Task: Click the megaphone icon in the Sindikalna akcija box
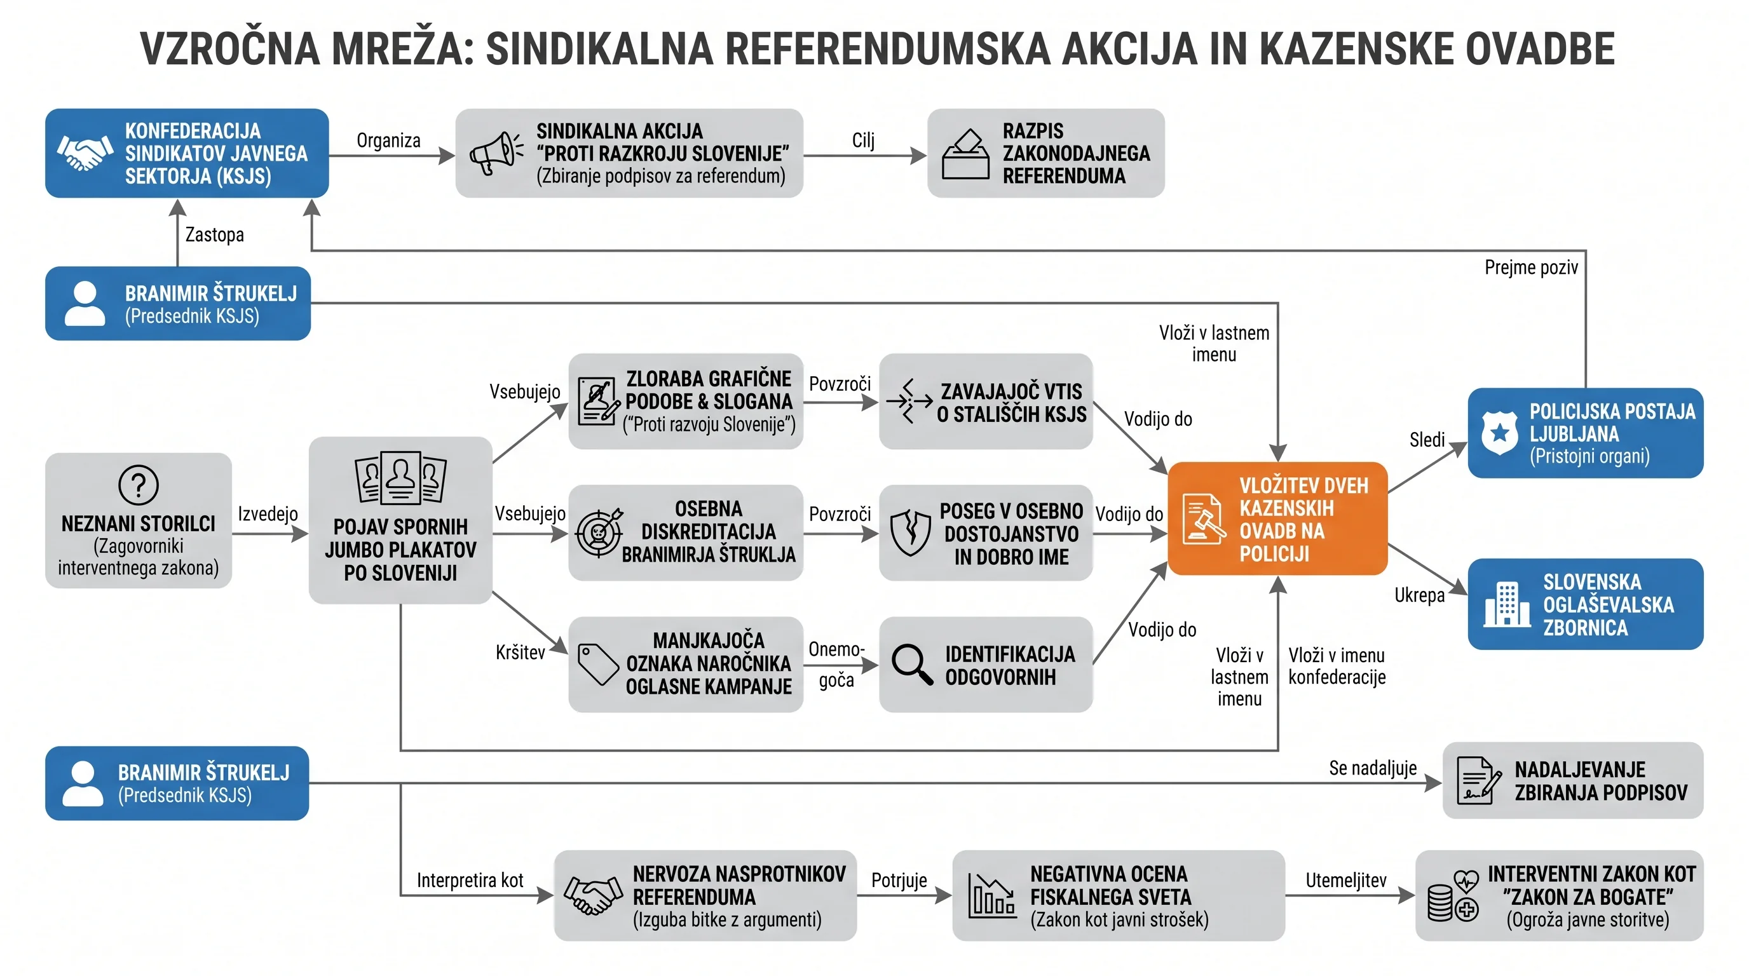496,153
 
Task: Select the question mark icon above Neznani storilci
139,485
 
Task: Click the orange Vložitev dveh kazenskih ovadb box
1277,518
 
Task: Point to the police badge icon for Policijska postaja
1499,433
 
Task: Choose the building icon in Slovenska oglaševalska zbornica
1507,604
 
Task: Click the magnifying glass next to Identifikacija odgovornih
912,664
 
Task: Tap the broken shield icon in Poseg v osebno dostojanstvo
910,532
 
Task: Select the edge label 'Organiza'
388,140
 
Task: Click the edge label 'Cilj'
863,140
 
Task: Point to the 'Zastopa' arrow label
215,235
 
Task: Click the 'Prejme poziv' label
1531,268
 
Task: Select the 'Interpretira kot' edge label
470,880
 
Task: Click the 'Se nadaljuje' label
1373,768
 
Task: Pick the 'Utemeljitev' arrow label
1345,880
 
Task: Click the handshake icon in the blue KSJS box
85,152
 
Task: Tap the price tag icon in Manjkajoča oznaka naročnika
597,664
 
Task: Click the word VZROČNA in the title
229,49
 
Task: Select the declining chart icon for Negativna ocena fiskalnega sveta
991,895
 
